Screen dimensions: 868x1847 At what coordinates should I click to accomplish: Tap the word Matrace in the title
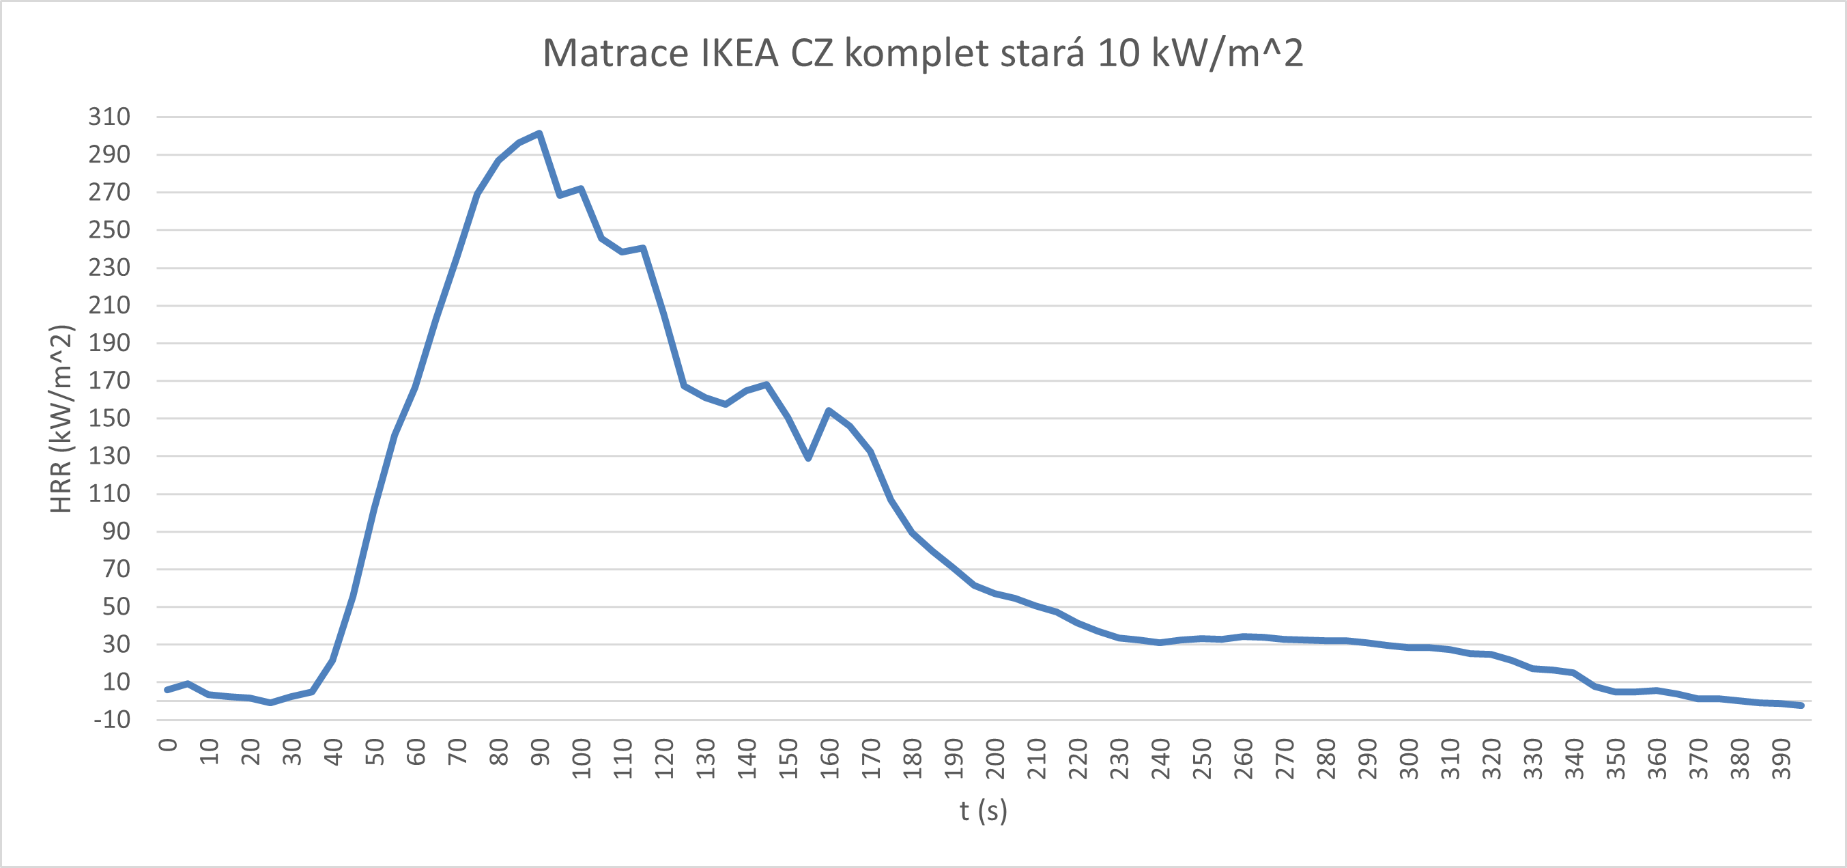(614, 53)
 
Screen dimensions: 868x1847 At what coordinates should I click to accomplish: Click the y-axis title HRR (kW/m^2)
(61, 419)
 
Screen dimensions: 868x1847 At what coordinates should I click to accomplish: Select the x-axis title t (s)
(983, 811)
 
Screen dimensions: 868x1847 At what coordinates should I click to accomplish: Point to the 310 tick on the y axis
(109, 117)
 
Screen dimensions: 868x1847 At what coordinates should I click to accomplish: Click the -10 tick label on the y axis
(112, 720)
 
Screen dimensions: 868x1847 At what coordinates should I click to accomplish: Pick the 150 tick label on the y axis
(109, 418)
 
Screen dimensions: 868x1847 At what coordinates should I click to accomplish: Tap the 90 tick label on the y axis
(116, 531)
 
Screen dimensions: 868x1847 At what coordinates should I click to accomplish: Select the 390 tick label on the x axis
(1781, 759)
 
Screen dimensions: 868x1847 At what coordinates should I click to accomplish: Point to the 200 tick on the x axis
(995, 759)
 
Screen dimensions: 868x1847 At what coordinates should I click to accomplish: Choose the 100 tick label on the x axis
(582, 759)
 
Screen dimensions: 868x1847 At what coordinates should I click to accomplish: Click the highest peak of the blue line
(539, 133)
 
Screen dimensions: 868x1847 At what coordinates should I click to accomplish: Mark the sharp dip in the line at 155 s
(808, 458)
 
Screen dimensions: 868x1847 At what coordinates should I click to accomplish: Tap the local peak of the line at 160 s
(829, 411)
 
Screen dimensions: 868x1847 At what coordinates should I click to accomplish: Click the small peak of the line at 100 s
(581, 189)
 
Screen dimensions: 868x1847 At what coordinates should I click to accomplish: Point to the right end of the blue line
(1801, 705)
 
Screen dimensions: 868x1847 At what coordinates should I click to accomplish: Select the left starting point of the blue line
(167, 689)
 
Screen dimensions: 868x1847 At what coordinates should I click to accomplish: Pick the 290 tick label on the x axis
(1367, 759)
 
